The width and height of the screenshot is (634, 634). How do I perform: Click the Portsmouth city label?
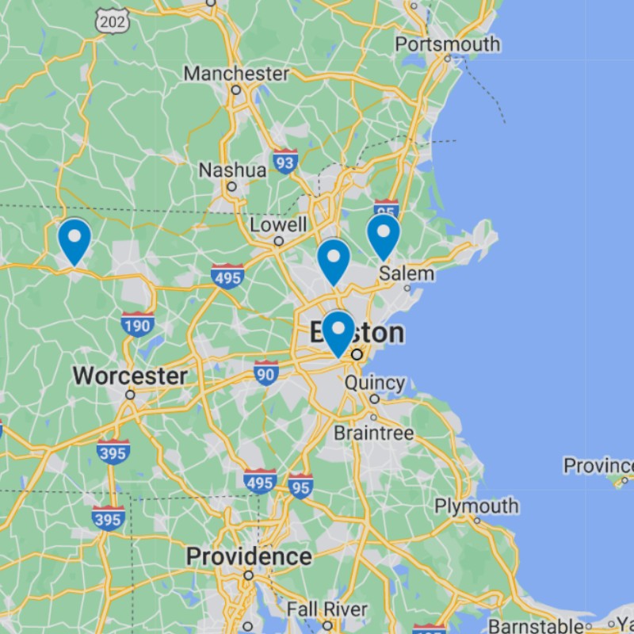pyautogui.click(x=447, y=44)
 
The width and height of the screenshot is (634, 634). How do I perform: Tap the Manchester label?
pyautogui.click(x=236, y=74)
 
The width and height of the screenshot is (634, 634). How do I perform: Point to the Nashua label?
pyautogui.click(x=232, y=170)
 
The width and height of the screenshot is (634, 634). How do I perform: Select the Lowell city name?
pyautogui.click(x=278, y=225)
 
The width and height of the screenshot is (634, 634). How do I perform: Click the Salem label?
pyautogui.click(x=407, y=273)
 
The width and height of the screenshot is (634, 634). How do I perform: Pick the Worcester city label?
pyautogui.click(x=130, y=376)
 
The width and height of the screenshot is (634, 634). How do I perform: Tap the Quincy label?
pyautogui.click(x=375, y=383)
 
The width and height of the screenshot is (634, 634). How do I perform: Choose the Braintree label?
pyautogui.click(x=373, y=433)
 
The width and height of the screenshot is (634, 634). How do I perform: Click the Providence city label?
pyautogui.click(x=248, y=556)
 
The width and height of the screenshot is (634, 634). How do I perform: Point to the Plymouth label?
pyautogui.click(x=476, y=506)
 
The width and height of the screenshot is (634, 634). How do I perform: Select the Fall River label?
pyautogui.click(x=327, y=609)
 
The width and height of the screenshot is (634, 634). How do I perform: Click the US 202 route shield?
pyautogui.click(x=112, y=21)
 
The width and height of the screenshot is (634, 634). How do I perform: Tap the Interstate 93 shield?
pyautogui.click(x=285, y=162)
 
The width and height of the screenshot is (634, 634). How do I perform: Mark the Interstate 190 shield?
pyautogui.click(x=137, y=324)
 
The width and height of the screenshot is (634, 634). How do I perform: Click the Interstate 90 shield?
pyautogui.click(x=266, y=372)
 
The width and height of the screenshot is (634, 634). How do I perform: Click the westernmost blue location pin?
pyautogui.click(x=74, y=240)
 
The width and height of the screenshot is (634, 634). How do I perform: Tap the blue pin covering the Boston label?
pyautogui.click(x=338, y=332)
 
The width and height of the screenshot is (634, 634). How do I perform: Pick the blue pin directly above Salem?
pyautogui.click(x=383, y=235)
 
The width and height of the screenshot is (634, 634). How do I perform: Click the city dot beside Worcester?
pyautogui.click(x=130, y=394)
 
